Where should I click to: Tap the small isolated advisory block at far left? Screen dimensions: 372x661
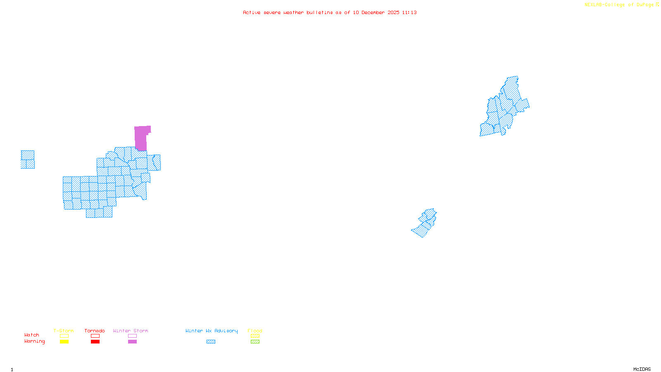click(x=28, y=160)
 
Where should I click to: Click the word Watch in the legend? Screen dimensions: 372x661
click(x=32, y=335)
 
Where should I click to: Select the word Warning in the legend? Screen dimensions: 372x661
click(x=35, y=341)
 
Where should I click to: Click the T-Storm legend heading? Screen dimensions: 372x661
click(x=64, y=331)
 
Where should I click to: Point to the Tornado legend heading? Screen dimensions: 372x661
click(x=95, y=331)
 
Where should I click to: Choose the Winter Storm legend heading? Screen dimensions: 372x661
click(x=131, y=331)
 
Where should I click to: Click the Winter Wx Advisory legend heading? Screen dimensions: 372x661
click(x=212, y=331)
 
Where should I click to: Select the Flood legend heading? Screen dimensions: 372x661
click(x=255, y=331)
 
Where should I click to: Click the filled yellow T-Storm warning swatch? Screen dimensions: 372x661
click(x=64, y=342)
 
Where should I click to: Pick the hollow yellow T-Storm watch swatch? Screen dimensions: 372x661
click(x=64, y=336)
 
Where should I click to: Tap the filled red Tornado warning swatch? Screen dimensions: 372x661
click(x=95, y=342)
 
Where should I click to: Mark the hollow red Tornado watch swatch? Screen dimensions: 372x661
click(x=95, y=336)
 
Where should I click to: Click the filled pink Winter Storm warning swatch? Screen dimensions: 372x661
click(x=132, y=342)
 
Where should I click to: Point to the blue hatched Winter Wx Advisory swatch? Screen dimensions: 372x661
click(x=211, y=342)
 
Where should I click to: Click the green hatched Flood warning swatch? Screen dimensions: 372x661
click(x=255, y=342)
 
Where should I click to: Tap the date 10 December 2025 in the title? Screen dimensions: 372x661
click(x=376, y=13)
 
